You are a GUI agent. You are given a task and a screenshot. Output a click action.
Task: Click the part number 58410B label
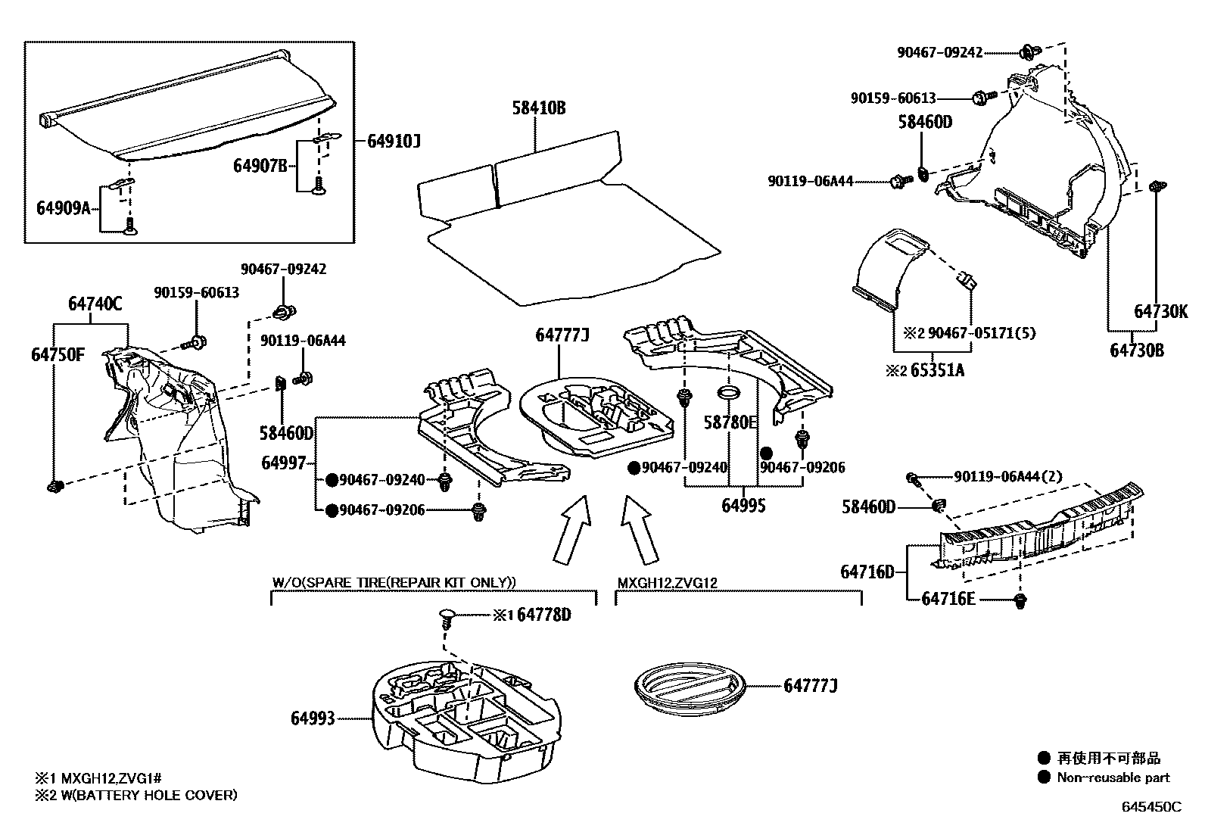coord(538,108)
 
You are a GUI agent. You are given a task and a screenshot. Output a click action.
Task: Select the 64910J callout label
coord(394,141)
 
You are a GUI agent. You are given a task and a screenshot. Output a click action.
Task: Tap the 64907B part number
coord(260,166)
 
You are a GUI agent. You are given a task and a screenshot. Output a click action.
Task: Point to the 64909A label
coord(63,207)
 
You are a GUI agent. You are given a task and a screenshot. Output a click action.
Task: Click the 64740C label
coord(95,304)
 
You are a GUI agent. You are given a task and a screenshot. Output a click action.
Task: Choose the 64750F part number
coord(58,354)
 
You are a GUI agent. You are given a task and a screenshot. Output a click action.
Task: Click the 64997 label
coord(284,463)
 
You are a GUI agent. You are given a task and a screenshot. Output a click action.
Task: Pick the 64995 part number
coord(743,506)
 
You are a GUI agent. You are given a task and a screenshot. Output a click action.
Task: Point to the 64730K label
coord(1161,311)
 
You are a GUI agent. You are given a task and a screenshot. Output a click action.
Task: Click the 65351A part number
coord(937,370)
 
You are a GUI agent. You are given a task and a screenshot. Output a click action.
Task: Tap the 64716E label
coord(948,599)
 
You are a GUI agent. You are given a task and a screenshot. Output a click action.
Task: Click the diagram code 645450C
coord(1151,807)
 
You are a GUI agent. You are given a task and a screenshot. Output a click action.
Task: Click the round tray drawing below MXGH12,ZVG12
coord(687,686)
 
